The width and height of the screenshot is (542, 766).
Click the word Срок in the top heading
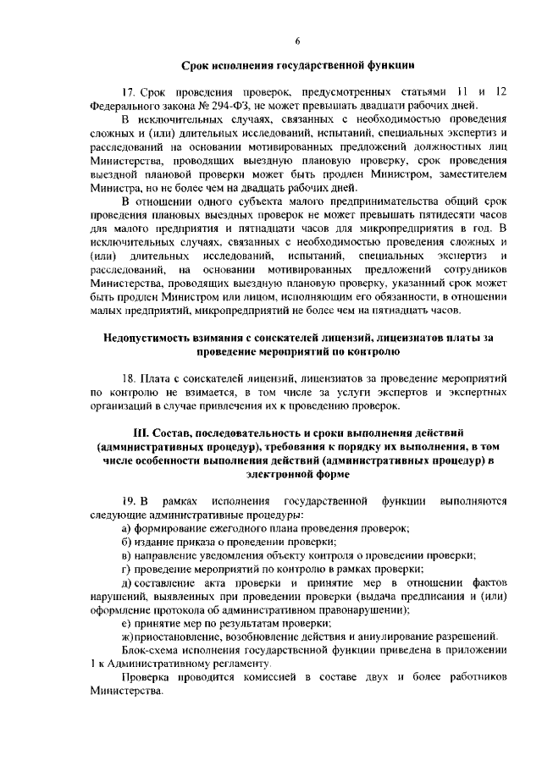(x=195, y=64)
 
